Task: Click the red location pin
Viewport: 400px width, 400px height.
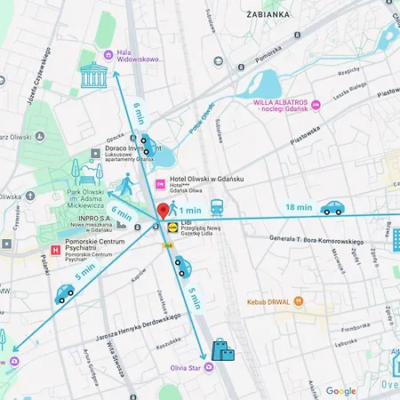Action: (163, 212)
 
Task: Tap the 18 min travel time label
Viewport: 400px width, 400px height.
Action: (298, 207)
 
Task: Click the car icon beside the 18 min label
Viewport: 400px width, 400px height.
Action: (332, 208)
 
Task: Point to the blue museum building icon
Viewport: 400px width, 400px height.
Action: (92, 76)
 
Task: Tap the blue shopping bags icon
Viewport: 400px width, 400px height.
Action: (222, 350)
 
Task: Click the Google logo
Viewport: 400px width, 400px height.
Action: (340, 390)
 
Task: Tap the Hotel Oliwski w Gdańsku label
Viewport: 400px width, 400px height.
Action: (205, 183)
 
